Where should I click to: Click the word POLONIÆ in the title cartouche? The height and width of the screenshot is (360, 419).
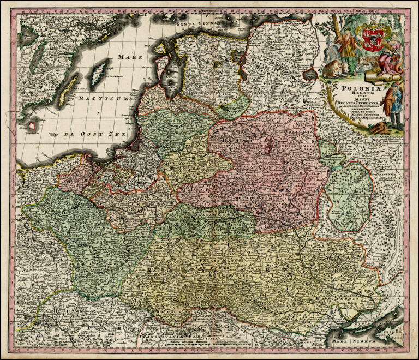pos(356,86)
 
